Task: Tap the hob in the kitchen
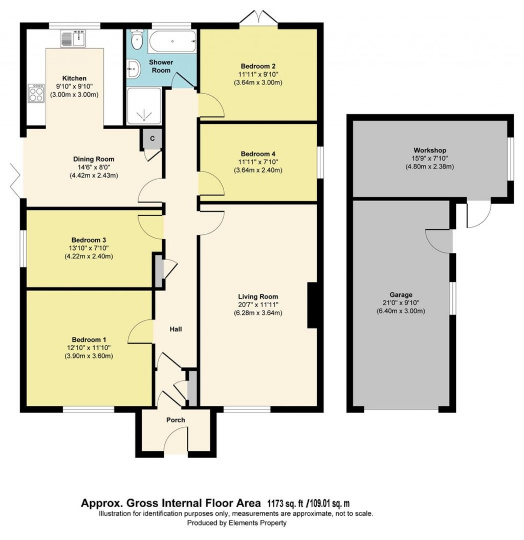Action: coord(36,94)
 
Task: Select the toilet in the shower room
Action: coord(137,37)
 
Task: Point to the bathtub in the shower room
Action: coord(172,40)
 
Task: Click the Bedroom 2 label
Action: coord(258,66)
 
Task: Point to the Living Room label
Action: coord(258,296)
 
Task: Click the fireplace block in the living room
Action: coord(310,306)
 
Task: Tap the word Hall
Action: coord(176,329)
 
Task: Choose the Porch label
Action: coord(176,420)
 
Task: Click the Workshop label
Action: coord(430,150)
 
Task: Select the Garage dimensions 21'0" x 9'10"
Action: coord(401,303)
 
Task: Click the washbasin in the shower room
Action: coord(133,68)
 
